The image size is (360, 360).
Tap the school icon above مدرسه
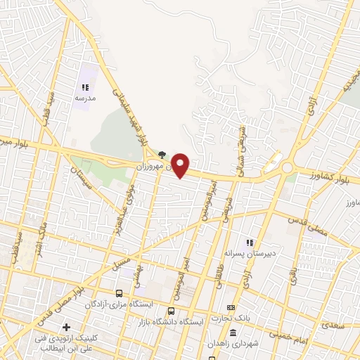(84, 88)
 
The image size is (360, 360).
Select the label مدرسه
(84, 98)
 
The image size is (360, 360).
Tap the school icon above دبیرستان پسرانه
(249, 243)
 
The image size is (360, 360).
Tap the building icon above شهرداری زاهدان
(211, 345)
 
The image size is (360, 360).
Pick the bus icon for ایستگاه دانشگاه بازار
(171, 311)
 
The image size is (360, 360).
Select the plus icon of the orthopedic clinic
(67, 327)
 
